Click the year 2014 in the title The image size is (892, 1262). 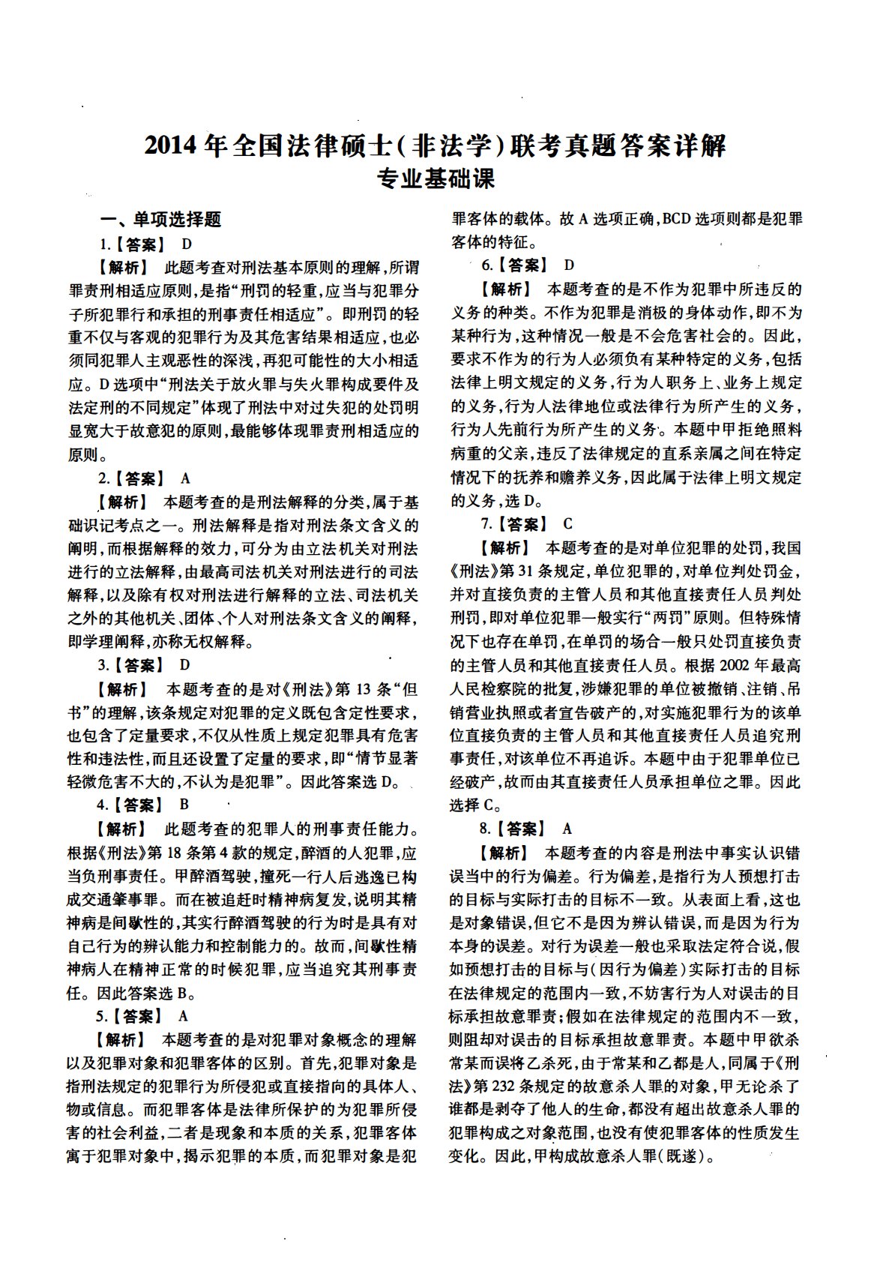click(x=174, y=145)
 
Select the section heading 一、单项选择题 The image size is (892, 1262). click(x=161, y=219)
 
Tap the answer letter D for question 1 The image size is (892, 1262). click(x=187, y=244)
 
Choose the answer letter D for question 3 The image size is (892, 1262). click(x=185, y=664)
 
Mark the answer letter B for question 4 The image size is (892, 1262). click(x=184, y=805)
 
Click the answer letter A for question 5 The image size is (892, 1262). click(x=184, y=1016)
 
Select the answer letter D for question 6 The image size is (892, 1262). click(x=569, y=265)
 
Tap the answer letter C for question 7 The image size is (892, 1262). click(x=568, y=524)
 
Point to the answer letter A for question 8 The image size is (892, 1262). click(x=567, y=829)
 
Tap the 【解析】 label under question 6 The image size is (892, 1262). click(x=505, y=289)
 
